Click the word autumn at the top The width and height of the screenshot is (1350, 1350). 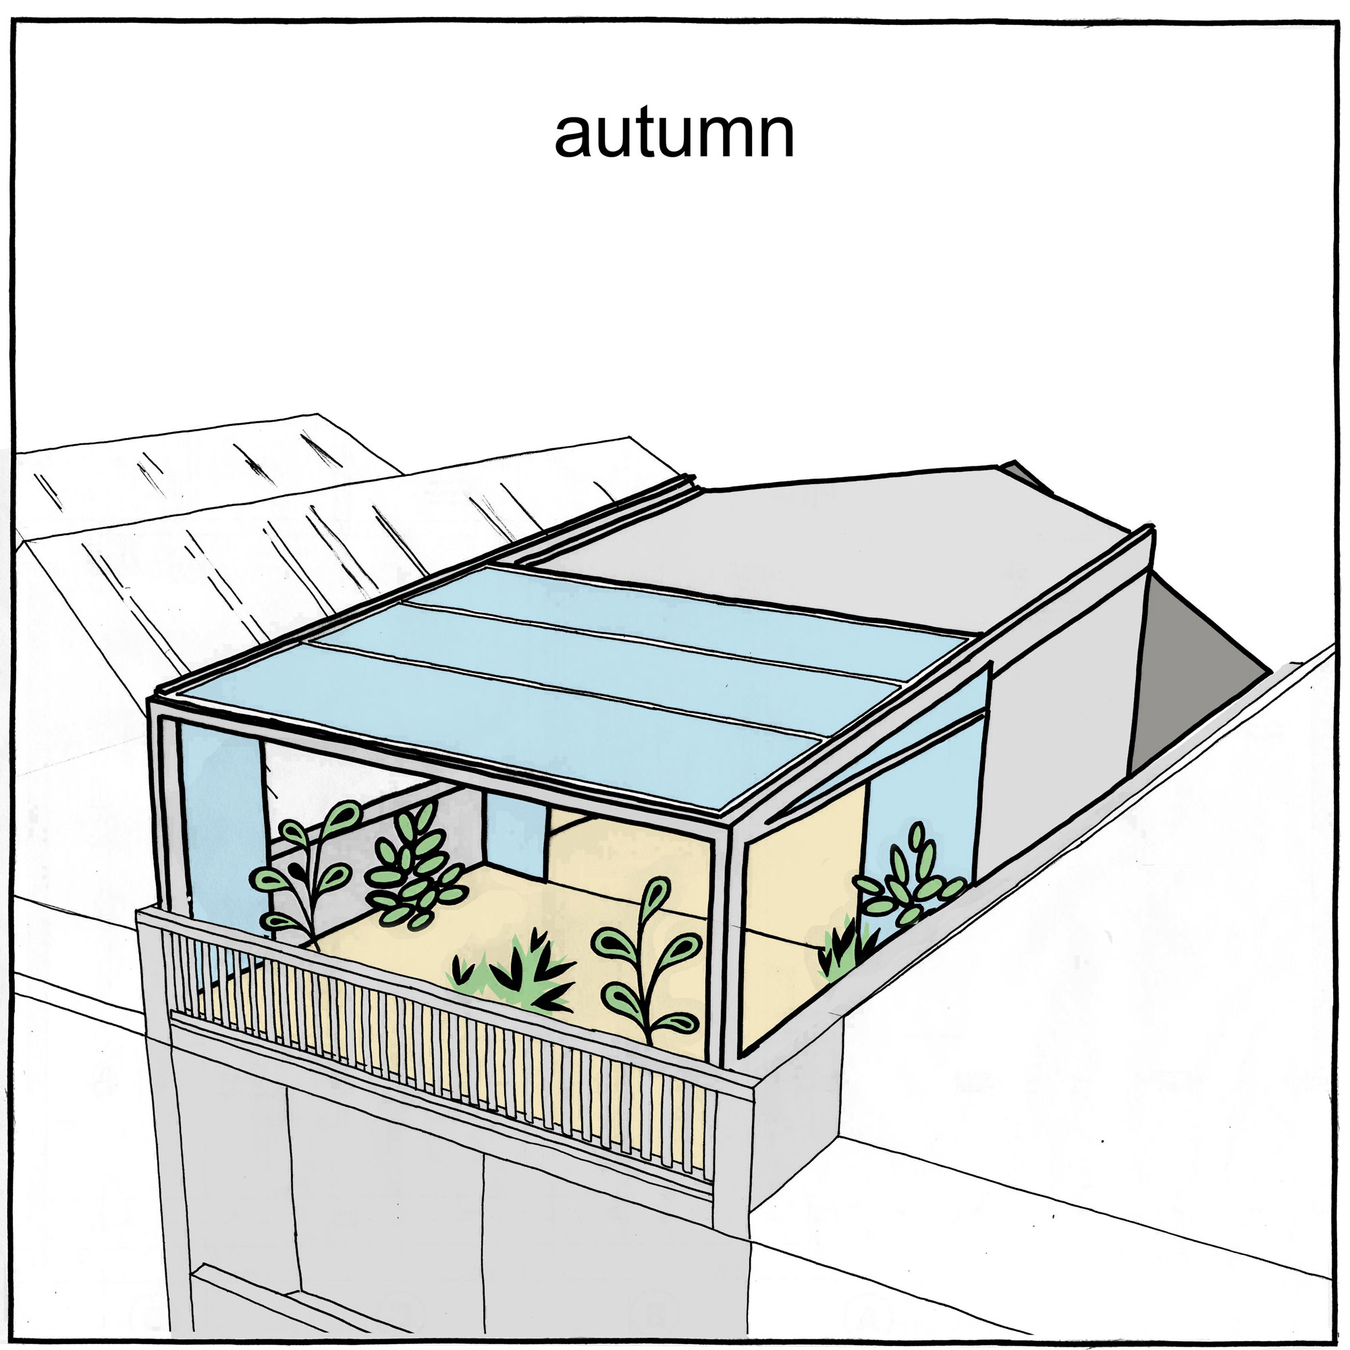pyautogui.click(x=674, y=134)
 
